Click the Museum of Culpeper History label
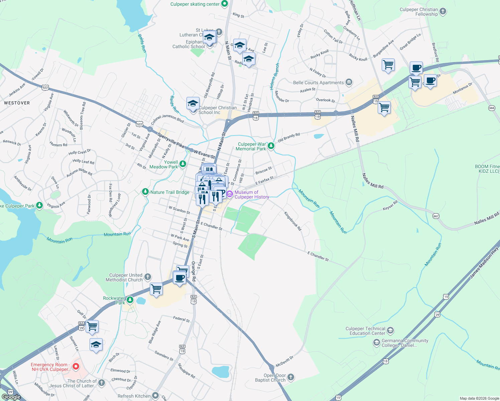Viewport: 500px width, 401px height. [x=251, y=194]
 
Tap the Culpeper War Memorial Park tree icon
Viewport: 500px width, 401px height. [x=271, y=146]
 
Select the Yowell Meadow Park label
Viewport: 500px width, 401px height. [x=164, y=164]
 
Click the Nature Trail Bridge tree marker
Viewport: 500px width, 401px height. [x=145, y=192]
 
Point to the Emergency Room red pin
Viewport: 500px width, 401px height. [x=76, y=367]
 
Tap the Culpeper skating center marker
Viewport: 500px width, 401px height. [x=225, y=4]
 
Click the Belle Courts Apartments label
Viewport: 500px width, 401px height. [x=318, y=83]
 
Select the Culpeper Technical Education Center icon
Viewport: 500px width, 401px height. [x=390, y=331]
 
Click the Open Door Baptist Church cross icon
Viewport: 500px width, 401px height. [x=291, y=377]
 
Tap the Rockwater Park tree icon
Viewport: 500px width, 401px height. [x=130, y=300]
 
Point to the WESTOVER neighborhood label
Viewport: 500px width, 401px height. [x=17, y=103]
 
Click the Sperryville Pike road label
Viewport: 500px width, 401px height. [x=171, y=140]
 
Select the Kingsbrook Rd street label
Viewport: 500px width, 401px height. [x=293, y=221]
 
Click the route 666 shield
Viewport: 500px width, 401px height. [x=492, y=108]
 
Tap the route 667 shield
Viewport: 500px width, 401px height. [x=436, y=216]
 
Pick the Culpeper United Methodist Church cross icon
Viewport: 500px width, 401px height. [x=148, y=277]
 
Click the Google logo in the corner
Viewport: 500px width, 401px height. [x=11, y=397]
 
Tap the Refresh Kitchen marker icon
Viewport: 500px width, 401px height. [x=155, y=396]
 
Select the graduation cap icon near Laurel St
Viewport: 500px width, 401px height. [x=96, y=345]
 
